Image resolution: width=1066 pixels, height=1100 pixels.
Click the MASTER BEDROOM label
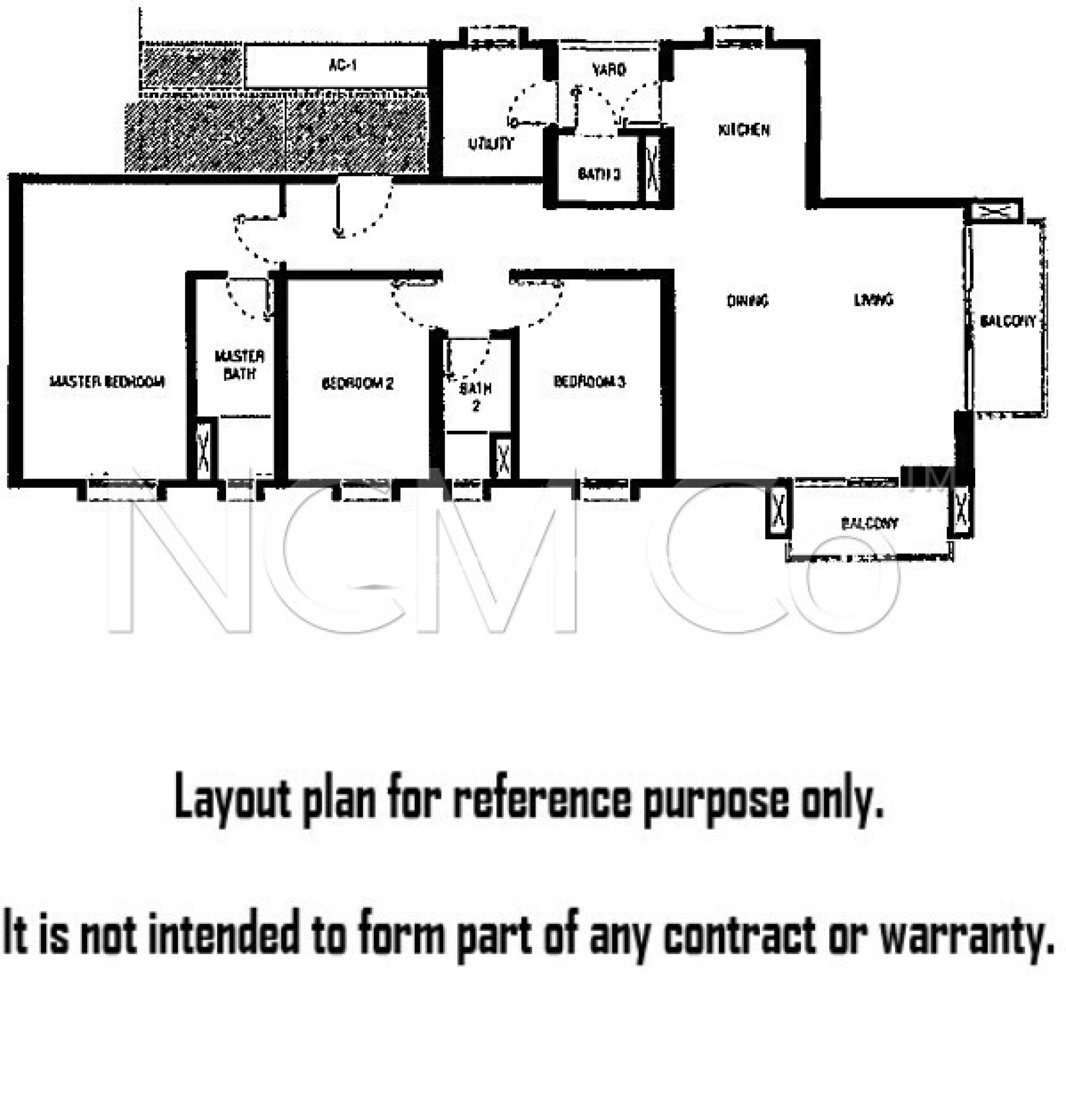pyautogui.click(x=107, y=382)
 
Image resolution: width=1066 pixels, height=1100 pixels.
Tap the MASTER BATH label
pyautogui.click(x=240, y=365)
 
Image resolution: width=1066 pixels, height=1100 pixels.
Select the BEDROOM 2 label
pyautogui.click(x=357, y=384)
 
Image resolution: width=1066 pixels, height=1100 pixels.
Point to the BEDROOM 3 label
pyautogui.click(x=589, y=382)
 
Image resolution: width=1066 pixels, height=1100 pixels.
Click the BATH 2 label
pyautogui.click(x=475, y=396)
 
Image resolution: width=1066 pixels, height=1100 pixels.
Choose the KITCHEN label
pyautogui.click(x=744, y=130)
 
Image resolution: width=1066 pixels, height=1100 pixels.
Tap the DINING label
pyautogui.click(x=748, y=301)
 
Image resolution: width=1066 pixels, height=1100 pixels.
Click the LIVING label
pyautogui.click(x=874, y=300)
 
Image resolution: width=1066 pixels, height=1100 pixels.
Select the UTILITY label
pyautogui.click(x=490, y=143)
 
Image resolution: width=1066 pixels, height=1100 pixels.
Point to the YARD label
pyautogui.click(x=609, y=70)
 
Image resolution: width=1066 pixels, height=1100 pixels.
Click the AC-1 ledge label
pyautogui.click(x=342, y=66)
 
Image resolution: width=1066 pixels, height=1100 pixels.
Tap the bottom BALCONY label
pyautogui.click(x=869, y=524)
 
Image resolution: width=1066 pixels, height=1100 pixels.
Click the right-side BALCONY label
pyautogui.click(x=1007, y=321)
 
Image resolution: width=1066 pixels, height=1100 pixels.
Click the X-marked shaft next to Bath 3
pyautogui.click(x=652, y=167)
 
